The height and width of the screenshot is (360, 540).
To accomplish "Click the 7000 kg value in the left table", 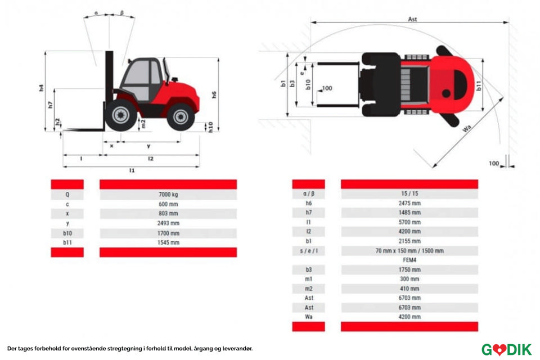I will coord(168,195).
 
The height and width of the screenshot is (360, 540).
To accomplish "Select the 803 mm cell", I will coord(168,214).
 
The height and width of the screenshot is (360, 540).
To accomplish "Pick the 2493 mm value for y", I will coord(168,223).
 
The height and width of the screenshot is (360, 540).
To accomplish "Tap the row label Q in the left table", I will coord(67,195).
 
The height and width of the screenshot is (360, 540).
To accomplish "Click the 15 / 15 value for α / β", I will coord(409,193).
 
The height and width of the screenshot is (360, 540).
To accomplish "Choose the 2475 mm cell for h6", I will coord(409,203).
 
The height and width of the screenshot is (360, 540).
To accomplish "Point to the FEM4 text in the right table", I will coord(409,260).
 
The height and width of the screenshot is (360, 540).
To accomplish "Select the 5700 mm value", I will coord(409,222).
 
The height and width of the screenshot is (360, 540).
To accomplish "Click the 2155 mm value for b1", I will coord(409,241).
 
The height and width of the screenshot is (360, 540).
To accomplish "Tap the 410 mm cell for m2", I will coord(409,289).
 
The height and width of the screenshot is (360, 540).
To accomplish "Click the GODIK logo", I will coord(506,349).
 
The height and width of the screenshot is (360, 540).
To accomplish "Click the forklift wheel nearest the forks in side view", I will coord(120,115).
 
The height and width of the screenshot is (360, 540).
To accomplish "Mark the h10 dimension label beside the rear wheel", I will coord(210,127).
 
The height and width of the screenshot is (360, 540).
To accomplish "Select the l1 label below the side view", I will coord(132,170).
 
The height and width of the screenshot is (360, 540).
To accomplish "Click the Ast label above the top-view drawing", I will coord(412,19).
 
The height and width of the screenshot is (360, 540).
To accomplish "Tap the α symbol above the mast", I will coord(96,12).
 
